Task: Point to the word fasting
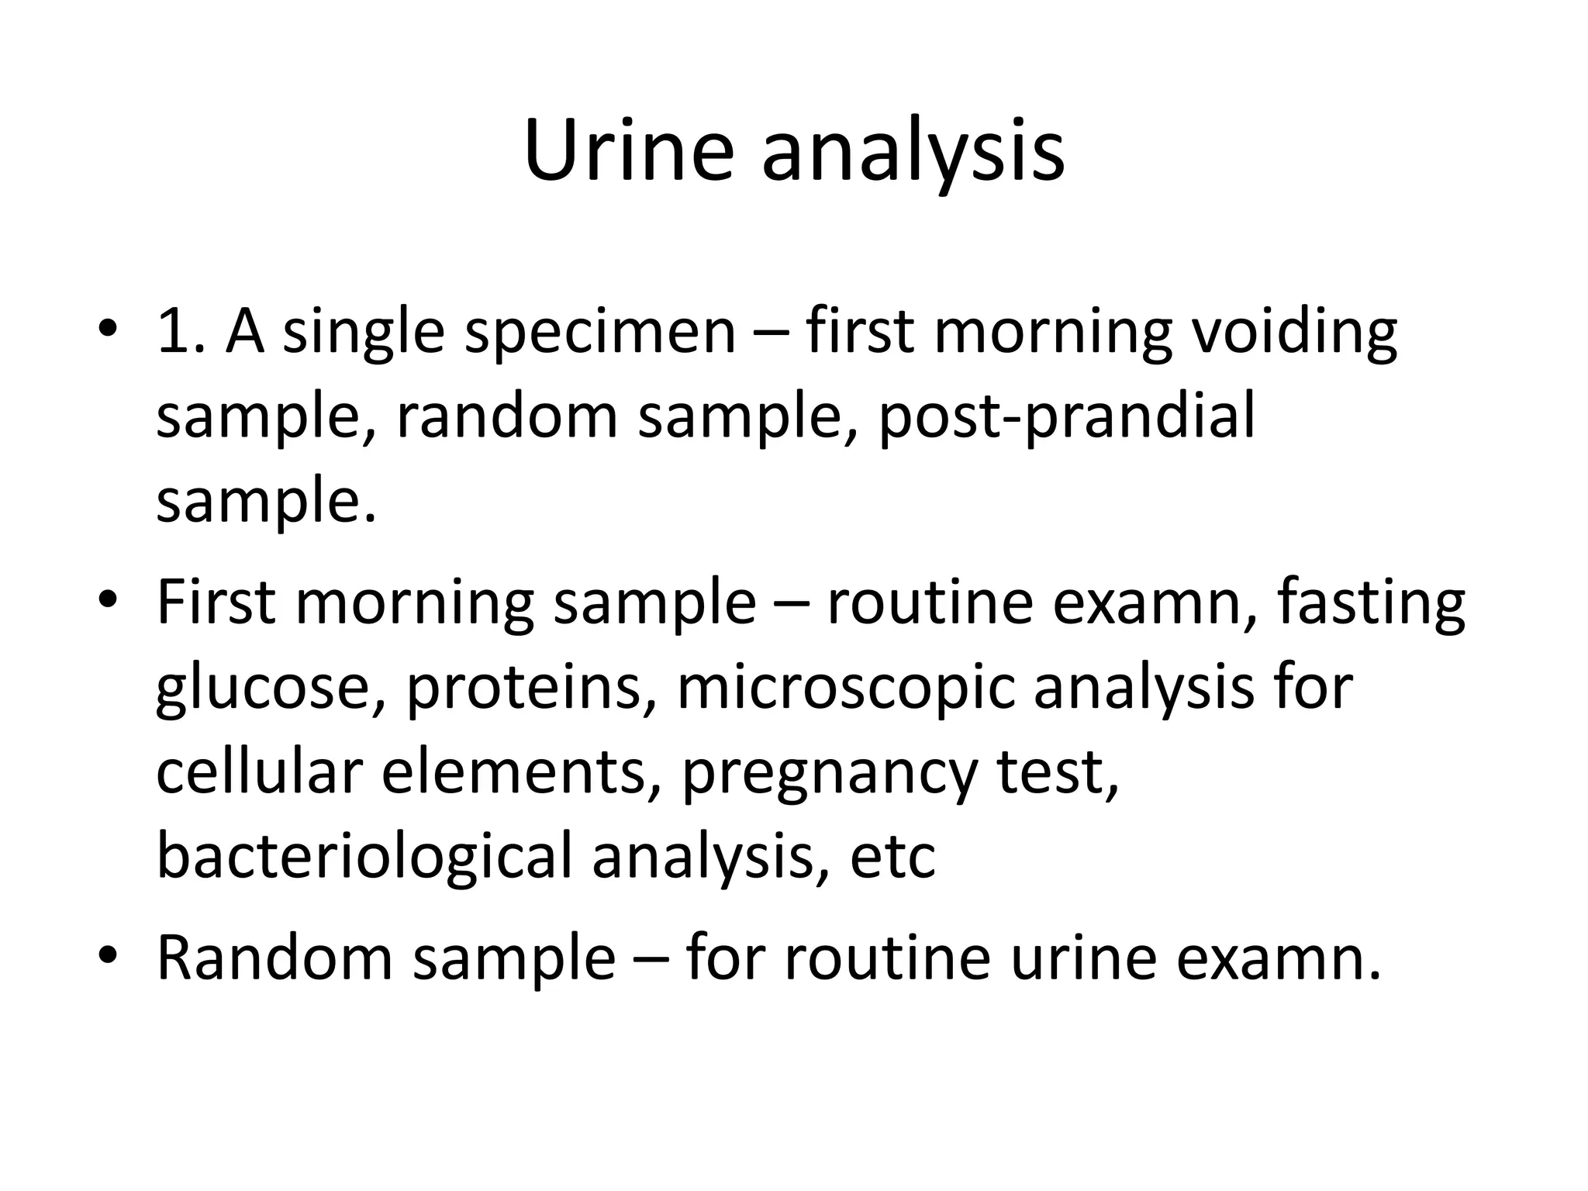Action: click(1370, 603)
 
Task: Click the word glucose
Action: click(270, 689)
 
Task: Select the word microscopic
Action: click(846, 689)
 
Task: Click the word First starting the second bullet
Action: click(216, 603)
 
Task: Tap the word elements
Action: click(515, 772)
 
